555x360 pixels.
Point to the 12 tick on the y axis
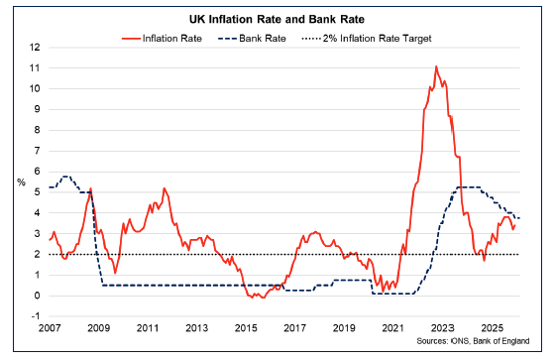pyautogui.click(x=35, y=48)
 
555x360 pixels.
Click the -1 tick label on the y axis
pyautogui.click(x=35, y=316)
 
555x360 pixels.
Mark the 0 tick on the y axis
pyautogui.click(x=37, y=296)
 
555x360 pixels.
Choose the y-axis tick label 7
pyautogui.click(x=37, y=151)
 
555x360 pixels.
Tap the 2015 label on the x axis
pyautogui.click(x=246, y=327)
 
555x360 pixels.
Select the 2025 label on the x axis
pyautogui.click(x=492, y=327)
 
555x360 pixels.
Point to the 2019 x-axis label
pyautogui.click(x=344, y=327)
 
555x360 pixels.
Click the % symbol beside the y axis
pyautogui.click(x=20, y=181)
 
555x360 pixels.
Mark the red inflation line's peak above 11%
pyautogui.click(x=436, y=66)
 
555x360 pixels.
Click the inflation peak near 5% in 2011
pyautogui.click(x=164, y=187)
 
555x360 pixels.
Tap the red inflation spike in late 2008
pyautogui.click(x=91, y=188)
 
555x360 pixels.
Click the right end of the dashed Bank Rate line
pyautogui.click(x=519, y=218)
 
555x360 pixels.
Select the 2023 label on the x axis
pyautogui.click(x=442, y=327)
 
